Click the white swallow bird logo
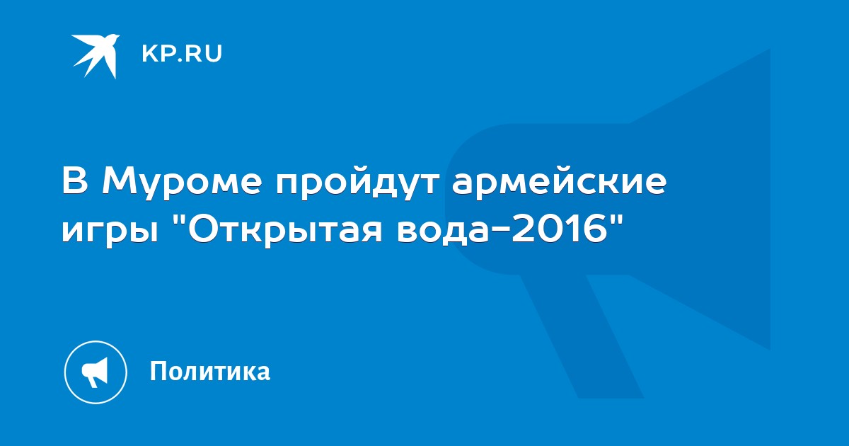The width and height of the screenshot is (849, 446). point(96,56)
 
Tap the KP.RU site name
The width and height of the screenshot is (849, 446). point(182,54)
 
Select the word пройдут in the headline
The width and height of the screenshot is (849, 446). point(357,183)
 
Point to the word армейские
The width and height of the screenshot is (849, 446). point(559,183)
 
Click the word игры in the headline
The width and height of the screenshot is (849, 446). point(110,232)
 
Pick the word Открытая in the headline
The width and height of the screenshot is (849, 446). point(284,229)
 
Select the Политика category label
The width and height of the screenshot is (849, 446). point(210,371)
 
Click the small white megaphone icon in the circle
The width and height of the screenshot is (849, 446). point(95,372)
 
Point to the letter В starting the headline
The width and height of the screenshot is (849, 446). point(76,182)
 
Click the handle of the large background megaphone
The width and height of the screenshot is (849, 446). point(582,336)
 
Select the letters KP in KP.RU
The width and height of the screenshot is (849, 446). point(158,54)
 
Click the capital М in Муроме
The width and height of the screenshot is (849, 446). point(120,182)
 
